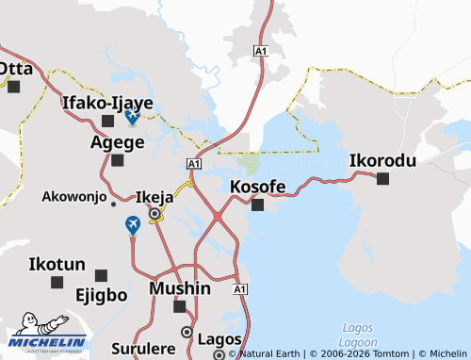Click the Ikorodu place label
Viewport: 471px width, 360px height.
tap(382, 160)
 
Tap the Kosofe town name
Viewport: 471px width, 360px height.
tap(258, 187)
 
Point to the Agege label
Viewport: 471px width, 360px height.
tap(117, 142)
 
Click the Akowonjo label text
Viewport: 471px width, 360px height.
tap(73, 197)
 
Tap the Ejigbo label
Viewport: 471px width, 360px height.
tap(101, 294)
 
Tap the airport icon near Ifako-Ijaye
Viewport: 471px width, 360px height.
tap(132, 117)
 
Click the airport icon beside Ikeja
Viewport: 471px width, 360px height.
tap(133, 225)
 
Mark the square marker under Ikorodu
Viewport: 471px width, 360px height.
tap(382, 178)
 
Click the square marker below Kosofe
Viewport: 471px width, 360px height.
tap(258, 205)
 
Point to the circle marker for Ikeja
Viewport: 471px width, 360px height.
tap(154, 214)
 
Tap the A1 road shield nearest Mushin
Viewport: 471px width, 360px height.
tap(239, 288)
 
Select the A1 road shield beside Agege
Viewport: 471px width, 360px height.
tap(194, 164)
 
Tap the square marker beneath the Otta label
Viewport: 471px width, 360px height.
tap(13, 87)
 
